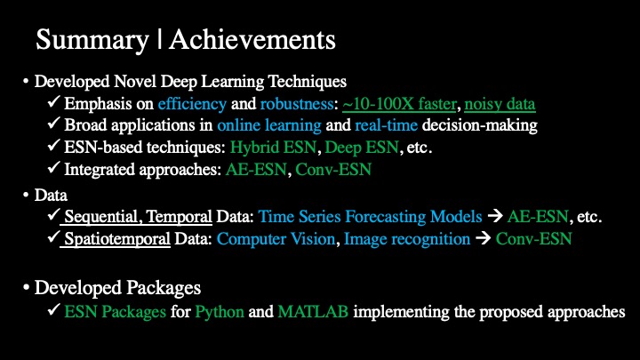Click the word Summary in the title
coord(92,41)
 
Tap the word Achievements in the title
coord(252,40)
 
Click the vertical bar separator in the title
coord(159,40)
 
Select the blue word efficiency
coord(192,104)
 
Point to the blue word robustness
coord(297,104)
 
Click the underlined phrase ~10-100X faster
coord(399,104)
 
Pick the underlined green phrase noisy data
coord(500,105)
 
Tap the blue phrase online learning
coord(269,125)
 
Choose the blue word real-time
coord(386,125)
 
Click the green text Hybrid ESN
coord(273,148)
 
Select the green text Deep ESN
coord(362,148)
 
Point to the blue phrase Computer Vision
coord(276,239)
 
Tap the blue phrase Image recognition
coord(407,239)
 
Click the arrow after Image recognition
coord(483,238)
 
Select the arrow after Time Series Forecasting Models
coord(495,216)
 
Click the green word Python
coord(220,312)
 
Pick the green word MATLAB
coord(313,311)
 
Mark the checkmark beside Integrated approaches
coord(53,167)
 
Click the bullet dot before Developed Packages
coord(26,288)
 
